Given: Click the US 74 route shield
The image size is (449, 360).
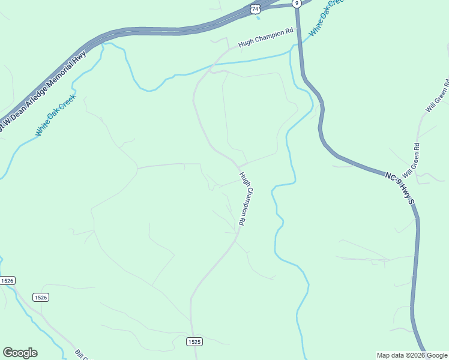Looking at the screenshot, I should [x=256, y=9].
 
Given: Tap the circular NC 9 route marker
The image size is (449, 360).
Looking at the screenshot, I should [x=297, y=3].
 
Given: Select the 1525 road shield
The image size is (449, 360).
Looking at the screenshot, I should [x=194, y=341].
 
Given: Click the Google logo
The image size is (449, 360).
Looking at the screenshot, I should [x=20, y=353].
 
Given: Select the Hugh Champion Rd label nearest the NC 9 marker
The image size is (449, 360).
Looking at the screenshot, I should [x=265, y=37].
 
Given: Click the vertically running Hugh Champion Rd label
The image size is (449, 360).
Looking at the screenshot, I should [x=243, y=199].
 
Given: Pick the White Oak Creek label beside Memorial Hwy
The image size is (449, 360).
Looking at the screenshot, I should [x=55, y=115].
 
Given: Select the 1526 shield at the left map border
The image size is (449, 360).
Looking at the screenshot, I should [x=7, y=281].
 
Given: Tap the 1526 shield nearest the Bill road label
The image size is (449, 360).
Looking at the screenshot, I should [x=40, y=297].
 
